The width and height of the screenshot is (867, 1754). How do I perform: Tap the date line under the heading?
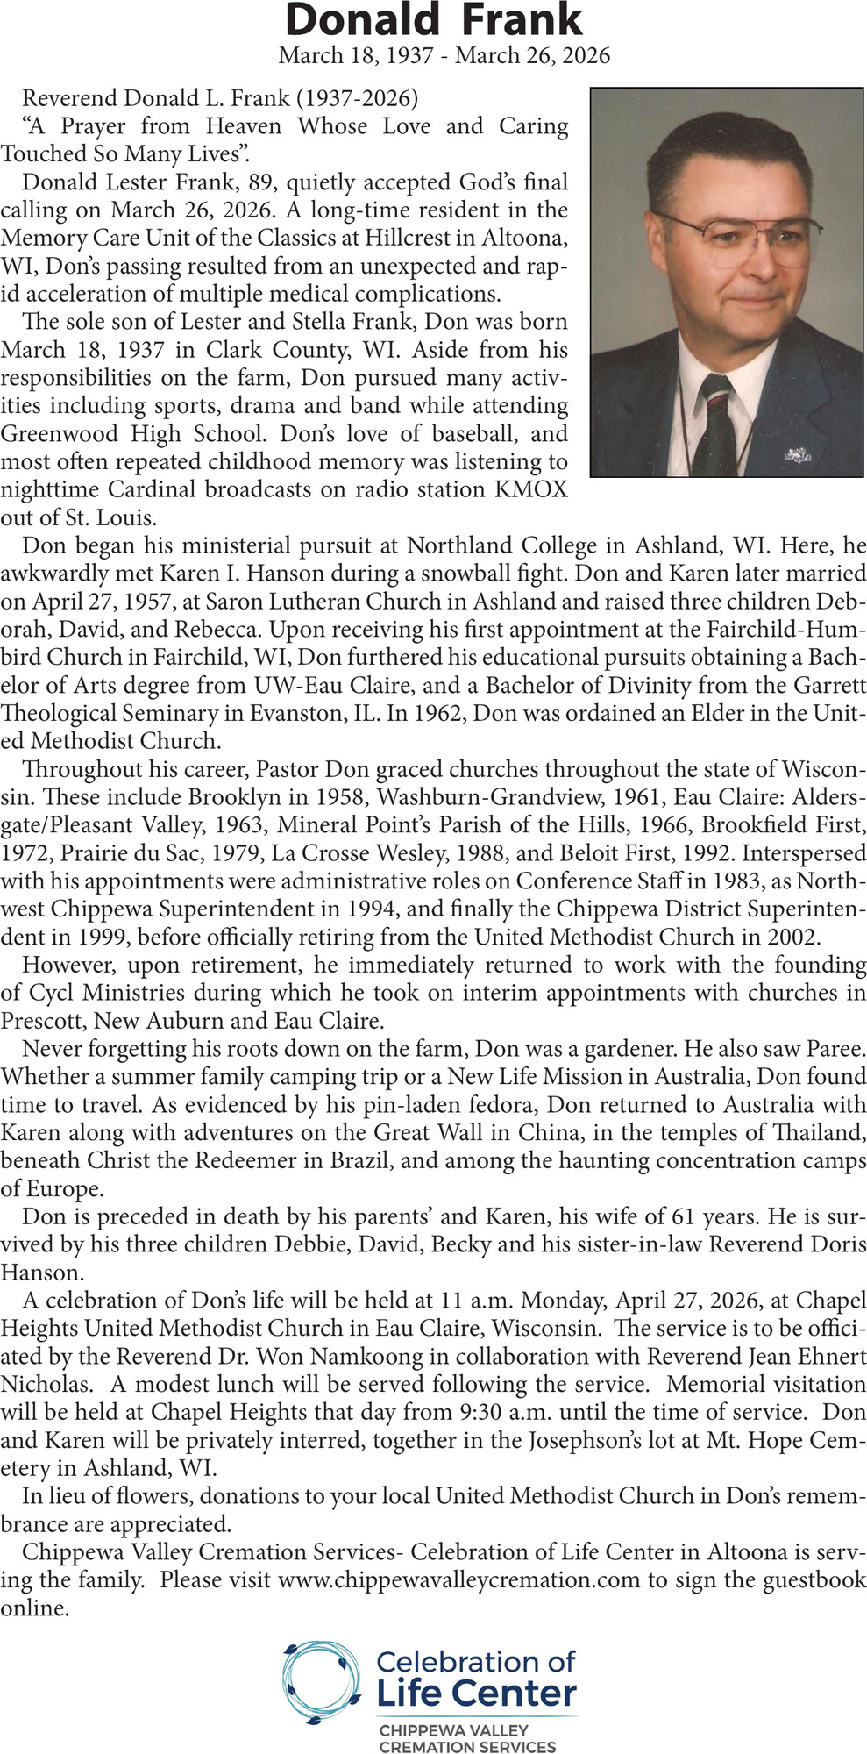[444, 56]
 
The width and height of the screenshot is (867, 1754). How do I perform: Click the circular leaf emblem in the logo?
[321, 1682]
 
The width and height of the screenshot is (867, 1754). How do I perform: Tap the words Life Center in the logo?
[476, 1693]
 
